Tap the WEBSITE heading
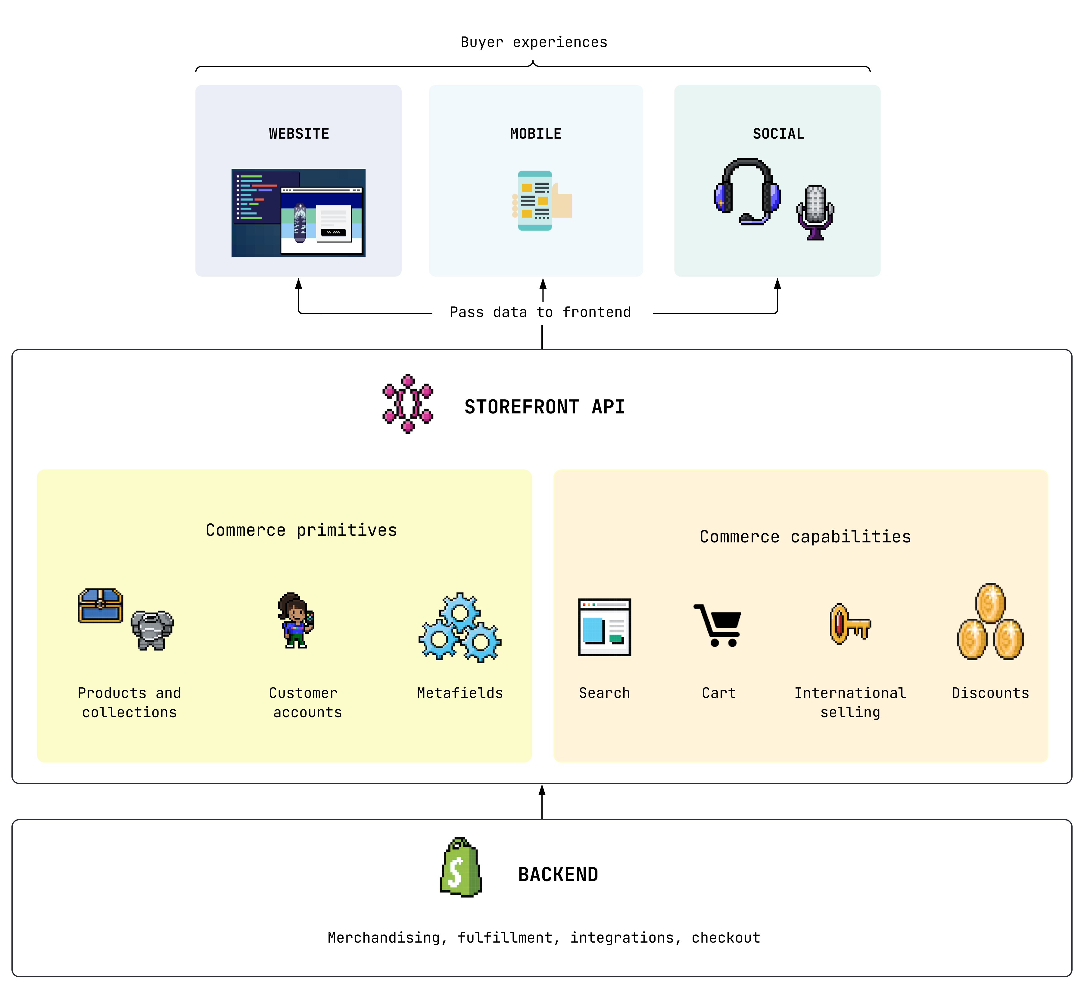[299, 133]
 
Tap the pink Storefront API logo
[408, 403]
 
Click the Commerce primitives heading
[301, 530]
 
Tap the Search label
[604, 693]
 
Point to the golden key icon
[849, 624]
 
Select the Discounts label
[990, 693]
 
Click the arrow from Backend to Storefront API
[542, 802]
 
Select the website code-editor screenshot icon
[298, 212]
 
